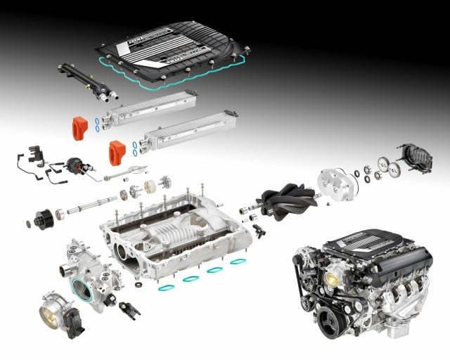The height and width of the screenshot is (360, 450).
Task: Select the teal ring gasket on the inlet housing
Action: [x=82, y=289]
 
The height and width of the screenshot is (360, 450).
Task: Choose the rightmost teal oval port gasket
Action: [x=238, y=262]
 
